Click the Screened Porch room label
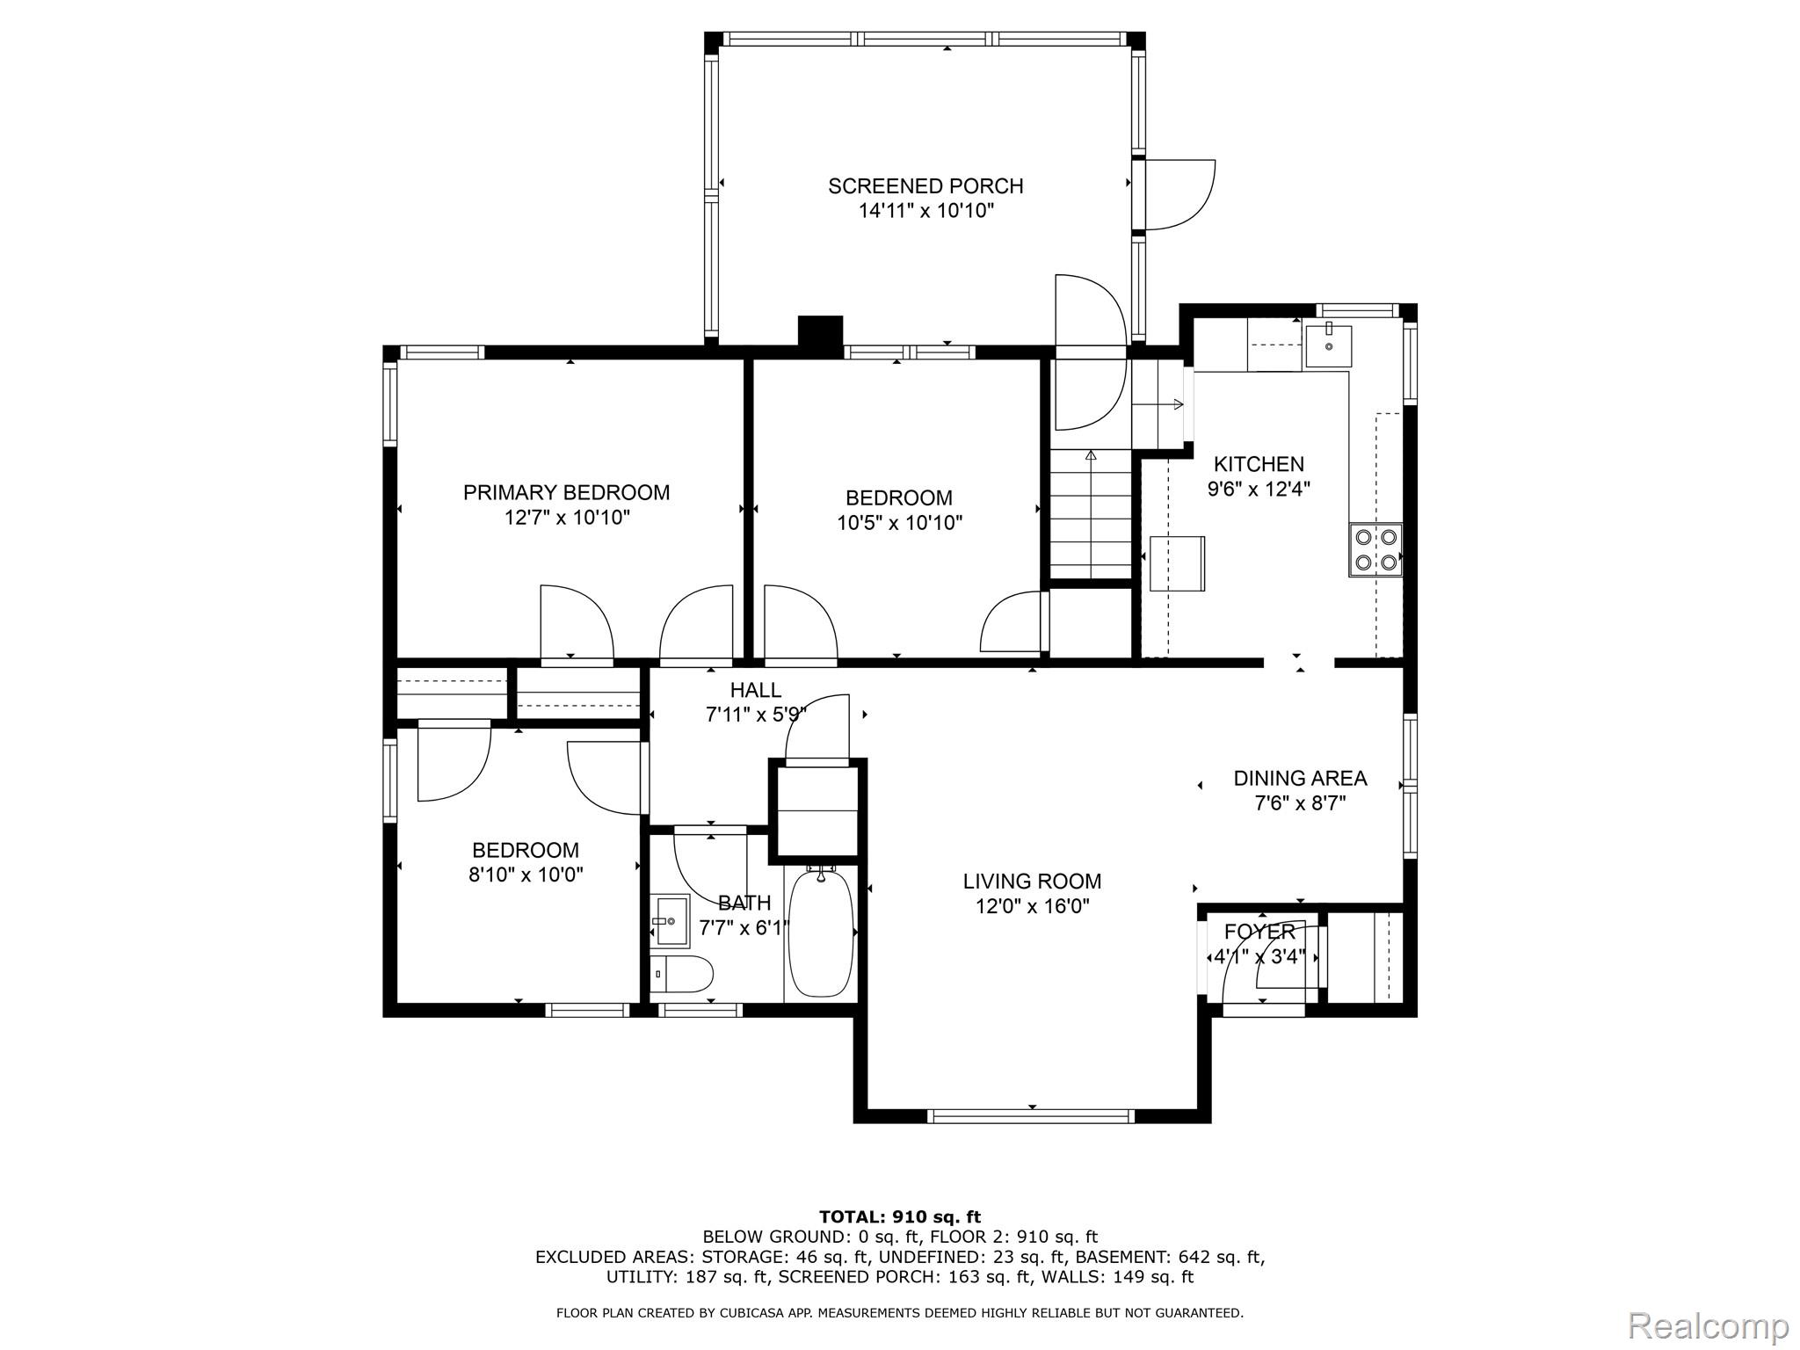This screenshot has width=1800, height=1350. click(925, 186)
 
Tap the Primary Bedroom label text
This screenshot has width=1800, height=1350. click(567, 493)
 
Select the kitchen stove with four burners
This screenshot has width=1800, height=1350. click(1375, 549)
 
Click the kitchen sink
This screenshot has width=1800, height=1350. click(1328, 345)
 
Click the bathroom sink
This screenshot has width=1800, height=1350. click(671, 920)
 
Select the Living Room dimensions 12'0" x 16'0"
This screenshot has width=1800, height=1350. click(1033, 906)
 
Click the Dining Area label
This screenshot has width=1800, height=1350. click(1300, 779)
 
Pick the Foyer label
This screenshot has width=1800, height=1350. click(1259, 932)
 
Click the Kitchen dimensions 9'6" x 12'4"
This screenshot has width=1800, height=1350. click(1259, 489)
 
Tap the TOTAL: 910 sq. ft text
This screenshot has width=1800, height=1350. click(900, 1217)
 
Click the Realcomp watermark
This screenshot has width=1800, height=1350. click(1709, 1325)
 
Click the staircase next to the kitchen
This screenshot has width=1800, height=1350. click(1091, 514)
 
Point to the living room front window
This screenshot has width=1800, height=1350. click(1032, 1116)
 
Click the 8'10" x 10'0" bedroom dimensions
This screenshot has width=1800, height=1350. click(526, 875)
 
